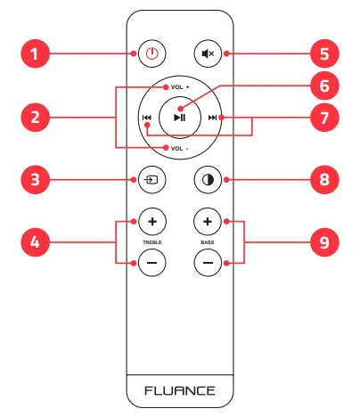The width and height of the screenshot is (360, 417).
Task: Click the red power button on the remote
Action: pos(151,53)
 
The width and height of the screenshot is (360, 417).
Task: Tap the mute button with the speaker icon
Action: pos(209,53)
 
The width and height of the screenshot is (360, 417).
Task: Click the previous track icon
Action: pos(145,118)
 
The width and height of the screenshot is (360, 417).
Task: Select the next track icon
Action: pos(212,118)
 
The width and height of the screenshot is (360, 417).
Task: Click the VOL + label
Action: pos(180,88)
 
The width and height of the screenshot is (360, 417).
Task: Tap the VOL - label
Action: pos(180,147)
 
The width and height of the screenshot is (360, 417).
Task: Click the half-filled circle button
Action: pos(209,180)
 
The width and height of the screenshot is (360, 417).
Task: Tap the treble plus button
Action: pos(151,220)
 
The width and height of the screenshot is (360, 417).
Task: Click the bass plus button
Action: pos(209,220)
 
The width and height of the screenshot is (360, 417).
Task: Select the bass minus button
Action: pos(209,263)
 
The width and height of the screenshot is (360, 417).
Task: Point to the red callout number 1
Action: pos(35,53)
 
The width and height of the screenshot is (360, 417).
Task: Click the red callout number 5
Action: pos(324,53)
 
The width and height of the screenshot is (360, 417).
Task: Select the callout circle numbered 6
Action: pos(324,86)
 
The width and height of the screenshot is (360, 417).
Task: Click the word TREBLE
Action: pos(151,241)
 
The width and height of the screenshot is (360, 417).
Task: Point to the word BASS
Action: pos(209,241)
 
